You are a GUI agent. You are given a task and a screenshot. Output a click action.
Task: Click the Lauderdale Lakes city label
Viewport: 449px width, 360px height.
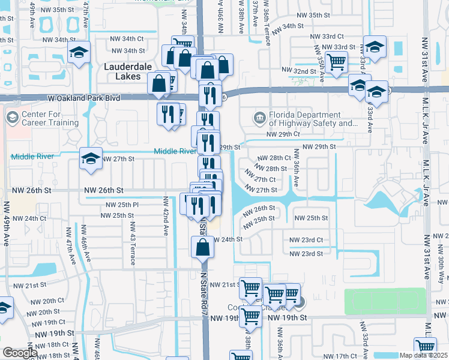point(122,71)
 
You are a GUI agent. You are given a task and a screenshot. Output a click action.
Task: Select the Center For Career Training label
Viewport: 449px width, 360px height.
point(50,118)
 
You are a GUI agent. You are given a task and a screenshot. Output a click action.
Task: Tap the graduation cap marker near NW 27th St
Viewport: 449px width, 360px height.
point(91,158)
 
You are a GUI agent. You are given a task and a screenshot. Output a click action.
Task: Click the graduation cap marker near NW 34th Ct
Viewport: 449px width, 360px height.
point(78,52)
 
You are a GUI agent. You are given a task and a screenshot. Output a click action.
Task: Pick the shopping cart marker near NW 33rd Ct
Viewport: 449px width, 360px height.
point(337,61)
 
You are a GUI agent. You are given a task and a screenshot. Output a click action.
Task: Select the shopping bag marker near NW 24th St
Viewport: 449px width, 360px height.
point(203,246)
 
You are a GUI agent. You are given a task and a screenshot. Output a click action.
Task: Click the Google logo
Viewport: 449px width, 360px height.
point(19,353)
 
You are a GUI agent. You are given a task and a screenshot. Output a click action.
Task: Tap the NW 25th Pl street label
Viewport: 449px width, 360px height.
point(122,205)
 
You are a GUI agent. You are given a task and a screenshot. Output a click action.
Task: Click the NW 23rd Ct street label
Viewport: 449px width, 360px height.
point(306,240)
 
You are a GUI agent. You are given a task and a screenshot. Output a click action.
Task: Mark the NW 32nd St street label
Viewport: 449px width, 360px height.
point(301,71)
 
